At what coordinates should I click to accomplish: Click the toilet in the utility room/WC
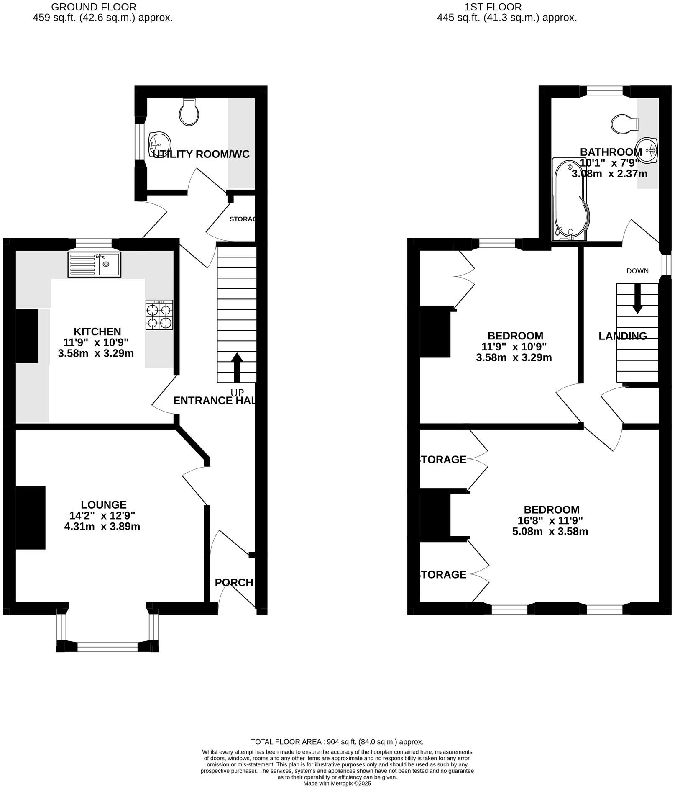pos(189,112)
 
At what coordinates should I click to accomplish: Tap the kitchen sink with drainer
pos(94,264)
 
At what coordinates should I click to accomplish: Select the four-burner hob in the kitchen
pos(159,315)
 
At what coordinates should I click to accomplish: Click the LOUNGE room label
pos(104,505)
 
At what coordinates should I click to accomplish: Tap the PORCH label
pos(234,583)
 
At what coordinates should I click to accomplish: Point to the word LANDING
pos(623,336)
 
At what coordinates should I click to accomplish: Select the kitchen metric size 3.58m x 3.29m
pos(96,353)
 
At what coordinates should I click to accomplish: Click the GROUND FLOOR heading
pos(94,7)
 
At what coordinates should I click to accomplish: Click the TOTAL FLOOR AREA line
pos(337,742)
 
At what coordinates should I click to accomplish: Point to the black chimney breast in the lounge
pos(31,517)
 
